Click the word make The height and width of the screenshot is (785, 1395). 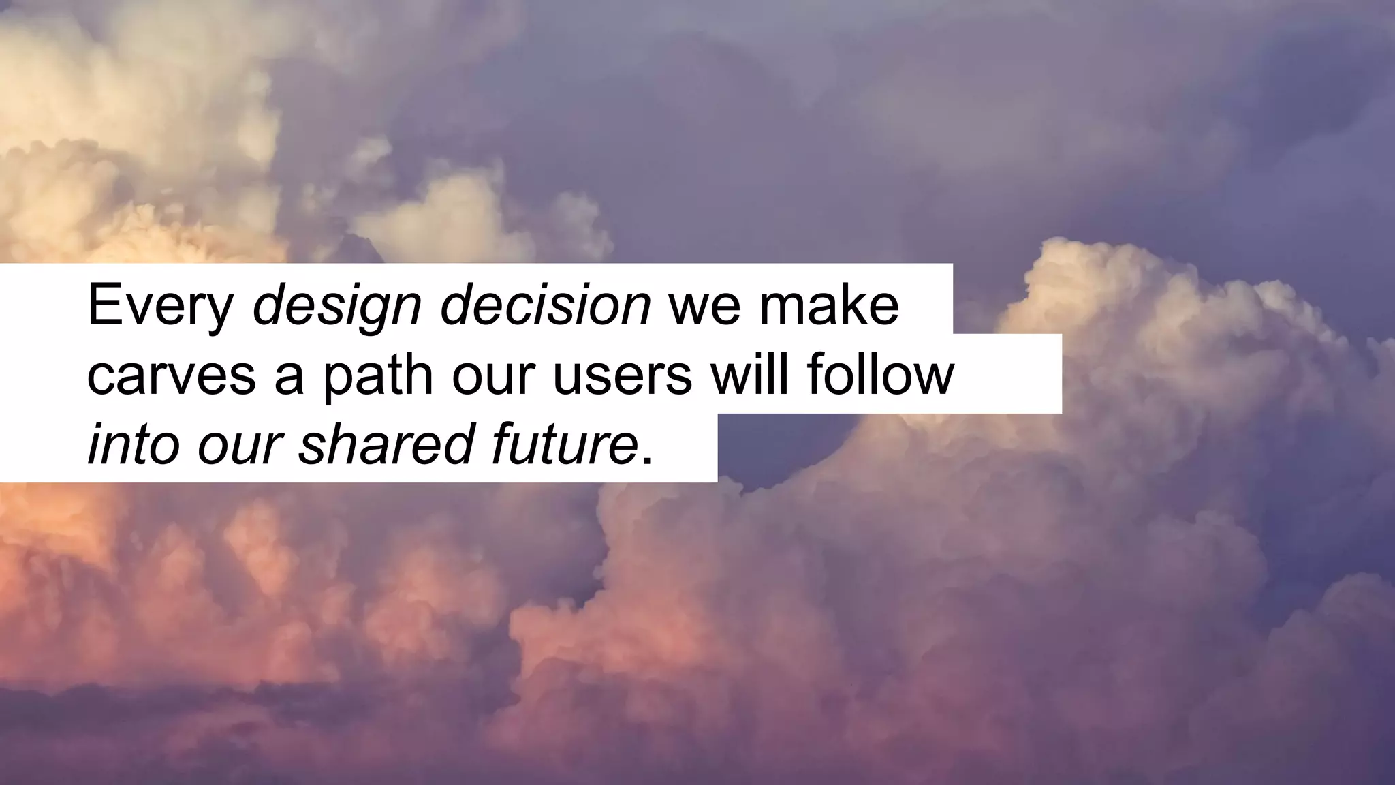[x=829, y=305]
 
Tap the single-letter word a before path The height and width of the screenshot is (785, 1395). [x=289, y=378]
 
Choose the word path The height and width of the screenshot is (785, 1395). [x=378, y=377]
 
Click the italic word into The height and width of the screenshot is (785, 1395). [x=134, y=445]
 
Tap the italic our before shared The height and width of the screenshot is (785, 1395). [x=239, y=448]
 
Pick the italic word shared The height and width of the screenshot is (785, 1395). [x=386, y=445]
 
